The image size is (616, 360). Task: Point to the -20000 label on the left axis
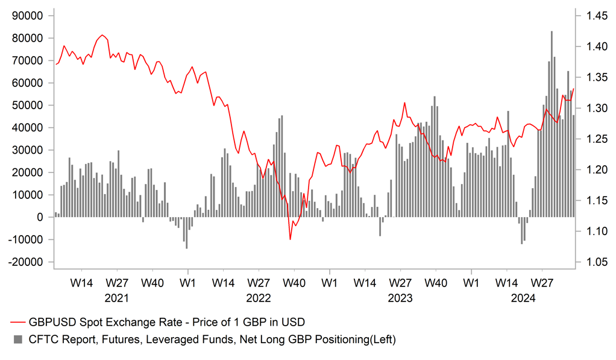point(28,262)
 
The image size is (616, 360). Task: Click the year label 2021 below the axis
point(116,298)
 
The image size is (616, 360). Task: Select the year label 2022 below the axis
point(258,298)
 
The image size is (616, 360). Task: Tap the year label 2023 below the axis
point(400,298)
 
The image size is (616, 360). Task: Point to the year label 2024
point(523,298)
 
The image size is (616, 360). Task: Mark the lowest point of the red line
point(290,239)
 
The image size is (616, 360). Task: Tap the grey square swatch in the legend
point(17,339)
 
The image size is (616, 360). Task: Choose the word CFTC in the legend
point(42,339)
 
